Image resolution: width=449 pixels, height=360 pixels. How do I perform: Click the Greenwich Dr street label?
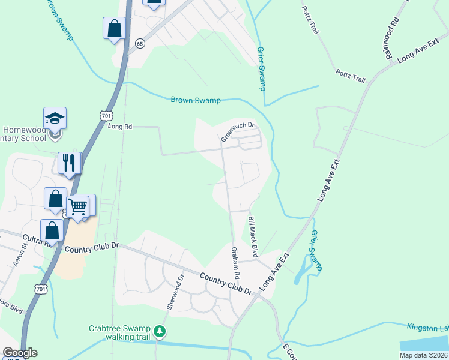click(x=238, y=132)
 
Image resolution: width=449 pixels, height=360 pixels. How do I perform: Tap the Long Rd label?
click(x=119, y=127)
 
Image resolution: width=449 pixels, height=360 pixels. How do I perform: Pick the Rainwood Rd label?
click(x=392, y=38)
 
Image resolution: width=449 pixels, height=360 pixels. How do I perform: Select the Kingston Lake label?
click(x=427, y=327)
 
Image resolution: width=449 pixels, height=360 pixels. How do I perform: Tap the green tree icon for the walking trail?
click(x=159, y=331)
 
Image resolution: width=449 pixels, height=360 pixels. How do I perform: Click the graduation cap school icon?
click(x=55, y=118)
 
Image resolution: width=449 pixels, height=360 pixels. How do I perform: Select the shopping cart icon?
click(x=77, y=206)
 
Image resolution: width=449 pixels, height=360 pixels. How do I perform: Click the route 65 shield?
click(x=140, y=43)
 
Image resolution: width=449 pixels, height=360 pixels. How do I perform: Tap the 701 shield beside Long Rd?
click(x=106, y=115)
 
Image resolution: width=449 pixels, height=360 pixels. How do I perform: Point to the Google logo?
click(x=20, y=353)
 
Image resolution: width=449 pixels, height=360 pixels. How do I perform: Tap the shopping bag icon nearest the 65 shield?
click(x=114, y=28)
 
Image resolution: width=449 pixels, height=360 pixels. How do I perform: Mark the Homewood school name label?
click(x=24, y=134)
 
